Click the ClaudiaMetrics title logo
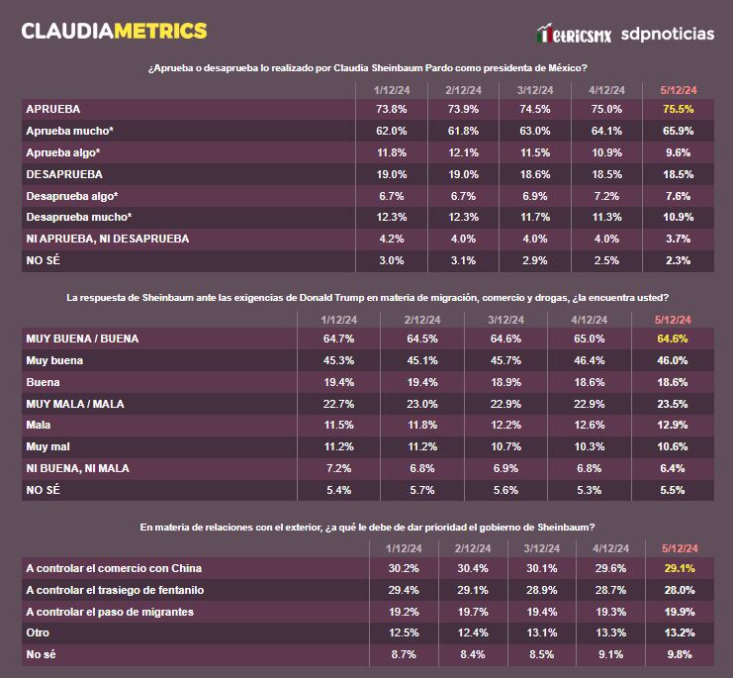point(114,31)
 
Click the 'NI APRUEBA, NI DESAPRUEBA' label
point(107,239)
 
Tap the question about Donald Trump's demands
point(367,297)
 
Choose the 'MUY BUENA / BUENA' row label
point(82,339)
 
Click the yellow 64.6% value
point(672,339)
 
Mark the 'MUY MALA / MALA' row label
point(76,403)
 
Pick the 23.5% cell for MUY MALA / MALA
point(672,403)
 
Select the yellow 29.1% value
point(678,568)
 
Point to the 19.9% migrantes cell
point(678,612)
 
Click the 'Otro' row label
point(38,633)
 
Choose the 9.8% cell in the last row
point(678,654)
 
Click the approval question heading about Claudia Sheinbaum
point(367,68)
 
